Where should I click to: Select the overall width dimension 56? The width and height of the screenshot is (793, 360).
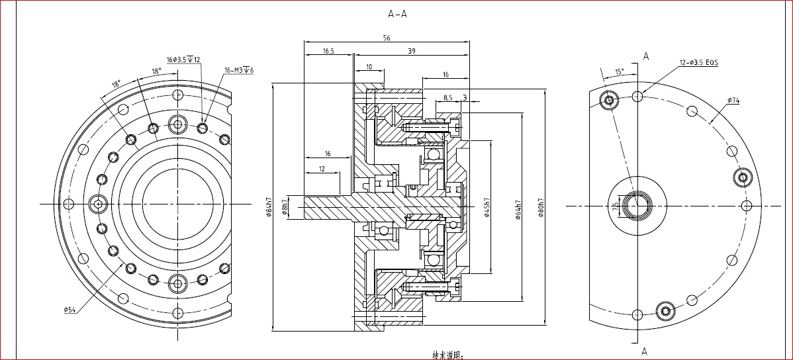point(387,38)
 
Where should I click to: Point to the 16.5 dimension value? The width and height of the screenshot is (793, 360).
point(328,51)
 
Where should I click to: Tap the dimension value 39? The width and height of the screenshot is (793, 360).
point(412,51)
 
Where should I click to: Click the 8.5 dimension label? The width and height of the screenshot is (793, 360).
point(447,97)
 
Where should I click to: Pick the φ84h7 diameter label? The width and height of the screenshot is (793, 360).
point(269,206)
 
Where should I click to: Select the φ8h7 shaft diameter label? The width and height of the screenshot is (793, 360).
point(285,206)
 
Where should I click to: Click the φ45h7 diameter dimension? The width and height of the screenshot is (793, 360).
point(487,207)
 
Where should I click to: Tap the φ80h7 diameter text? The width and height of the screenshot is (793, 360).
point(541,207)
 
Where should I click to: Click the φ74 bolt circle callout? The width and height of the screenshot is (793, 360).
point(733,101)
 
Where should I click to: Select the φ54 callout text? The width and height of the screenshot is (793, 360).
point(71,310)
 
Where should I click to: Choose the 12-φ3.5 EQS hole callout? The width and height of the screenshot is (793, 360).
point(698,63)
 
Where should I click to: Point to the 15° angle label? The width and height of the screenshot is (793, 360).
point(619,71)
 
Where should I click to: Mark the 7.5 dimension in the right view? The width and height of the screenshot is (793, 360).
point(616,206)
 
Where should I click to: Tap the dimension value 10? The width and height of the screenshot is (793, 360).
point(369,67)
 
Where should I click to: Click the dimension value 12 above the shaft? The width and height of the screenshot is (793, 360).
point(322,169)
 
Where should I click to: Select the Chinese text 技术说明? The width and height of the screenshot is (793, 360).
point(448,355)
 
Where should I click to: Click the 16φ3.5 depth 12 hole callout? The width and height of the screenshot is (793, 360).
point(183,60)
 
